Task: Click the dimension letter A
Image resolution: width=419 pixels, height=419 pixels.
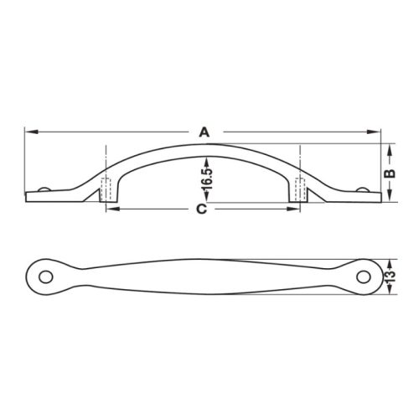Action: click(x=204, y=132)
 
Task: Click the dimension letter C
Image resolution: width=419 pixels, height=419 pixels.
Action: click(x=202, y=209)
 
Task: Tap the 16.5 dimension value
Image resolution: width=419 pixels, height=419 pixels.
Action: click(x=206, y=179)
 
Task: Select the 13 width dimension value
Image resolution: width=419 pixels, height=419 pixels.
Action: click(x=391, y=277)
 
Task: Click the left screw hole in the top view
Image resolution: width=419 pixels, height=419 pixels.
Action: click(x=46, y=277)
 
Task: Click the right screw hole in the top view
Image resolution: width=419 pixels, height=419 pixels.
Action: click(x=364, y=277)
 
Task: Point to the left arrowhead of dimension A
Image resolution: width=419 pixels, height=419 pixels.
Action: click(x=31, y=132)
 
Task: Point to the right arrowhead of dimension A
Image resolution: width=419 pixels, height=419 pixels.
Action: click(x=374, y=132)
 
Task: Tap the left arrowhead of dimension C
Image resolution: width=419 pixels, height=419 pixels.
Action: click(x=112, y=209)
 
